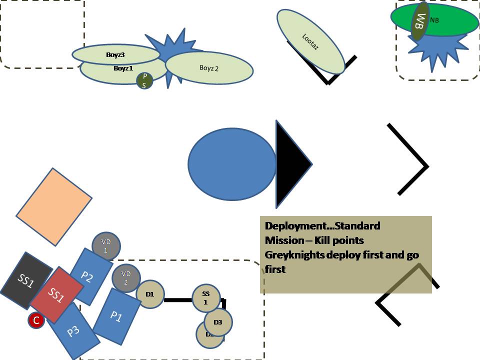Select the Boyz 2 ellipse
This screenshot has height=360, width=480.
(209, 67)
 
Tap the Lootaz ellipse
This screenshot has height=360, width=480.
(310, 41)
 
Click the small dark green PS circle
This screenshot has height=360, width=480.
(144, 80)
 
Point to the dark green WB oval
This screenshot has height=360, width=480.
(420, 21)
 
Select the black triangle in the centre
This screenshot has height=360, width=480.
(290, 163)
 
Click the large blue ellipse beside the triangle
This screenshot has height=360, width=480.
(232, 163)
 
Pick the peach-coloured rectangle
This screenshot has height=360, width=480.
(54, 206)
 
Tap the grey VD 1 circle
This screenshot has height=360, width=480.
(106, 246)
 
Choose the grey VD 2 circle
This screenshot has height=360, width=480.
(126, 277)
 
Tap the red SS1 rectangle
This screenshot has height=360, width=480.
(56, 295)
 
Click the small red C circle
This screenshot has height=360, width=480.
(36, 321)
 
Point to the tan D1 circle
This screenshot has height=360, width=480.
(149, 294)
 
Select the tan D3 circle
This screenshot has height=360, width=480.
(218, 321)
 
